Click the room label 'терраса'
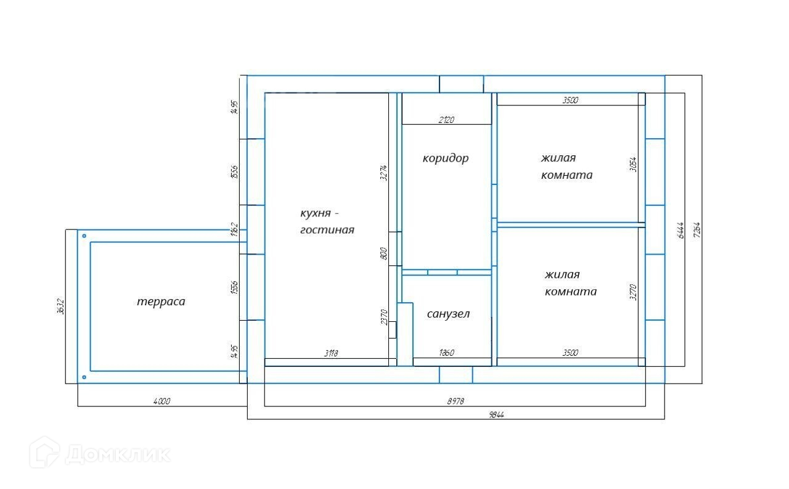click(x=161, y=302)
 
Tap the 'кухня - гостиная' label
click(x=327, y=222)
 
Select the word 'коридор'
click(x=446, y=158)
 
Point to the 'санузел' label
click(x=448, y=314)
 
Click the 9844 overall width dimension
click(x=497, y=415)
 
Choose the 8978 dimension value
click(x=456, y=401)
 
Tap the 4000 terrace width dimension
click(x=161, y=401)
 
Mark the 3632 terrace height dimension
click(x=60, y=306)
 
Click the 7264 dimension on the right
click(x=697, y=230)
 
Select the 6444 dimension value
click(x=680, y=230)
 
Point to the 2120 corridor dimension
click(x=446, y=120)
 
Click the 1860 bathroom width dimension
click(x=446, y=353)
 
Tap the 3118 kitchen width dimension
click(x=331, y=353)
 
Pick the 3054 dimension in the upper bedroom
click(x=634, y=164)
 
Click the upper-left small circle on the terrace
click(x=84, y=236)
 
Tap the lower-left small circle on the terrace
click(x=84, y=377)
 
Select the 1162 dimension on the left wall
click(x=234, y=229)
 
